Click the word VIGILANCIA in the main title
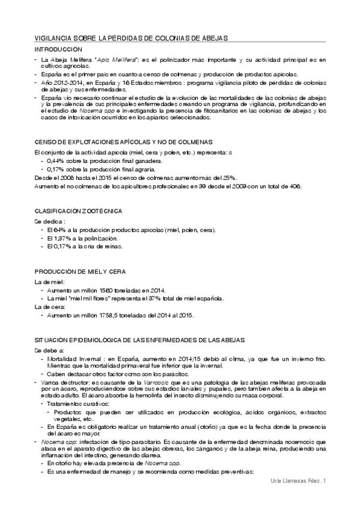(x=52, y=38)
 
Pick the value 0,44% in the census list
(x=56, y=162)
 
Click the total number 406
(x=294, y=186)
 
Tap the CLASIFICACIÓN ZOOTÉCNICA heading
(x=79, y=212)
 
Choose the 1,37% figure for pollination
(x=61, y=238)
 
